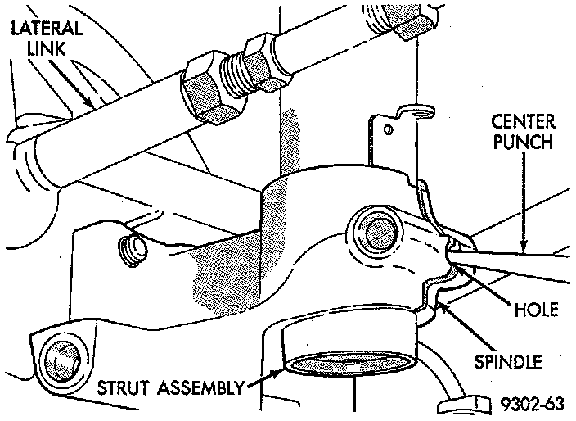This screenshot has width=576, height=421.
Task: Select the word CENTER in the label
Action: coord(523,123)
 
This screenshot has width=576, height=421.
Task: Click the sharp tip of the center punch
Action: coord(452,264)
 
